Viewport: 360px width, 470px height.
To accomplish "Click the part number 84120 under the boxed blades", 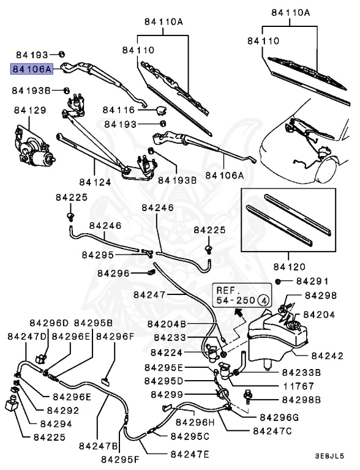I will [290, 267].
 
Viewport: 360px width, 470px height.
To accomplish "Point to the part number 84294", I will [55, 423].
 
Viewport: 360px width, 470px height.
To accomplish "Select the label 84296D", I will [50, 323].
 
